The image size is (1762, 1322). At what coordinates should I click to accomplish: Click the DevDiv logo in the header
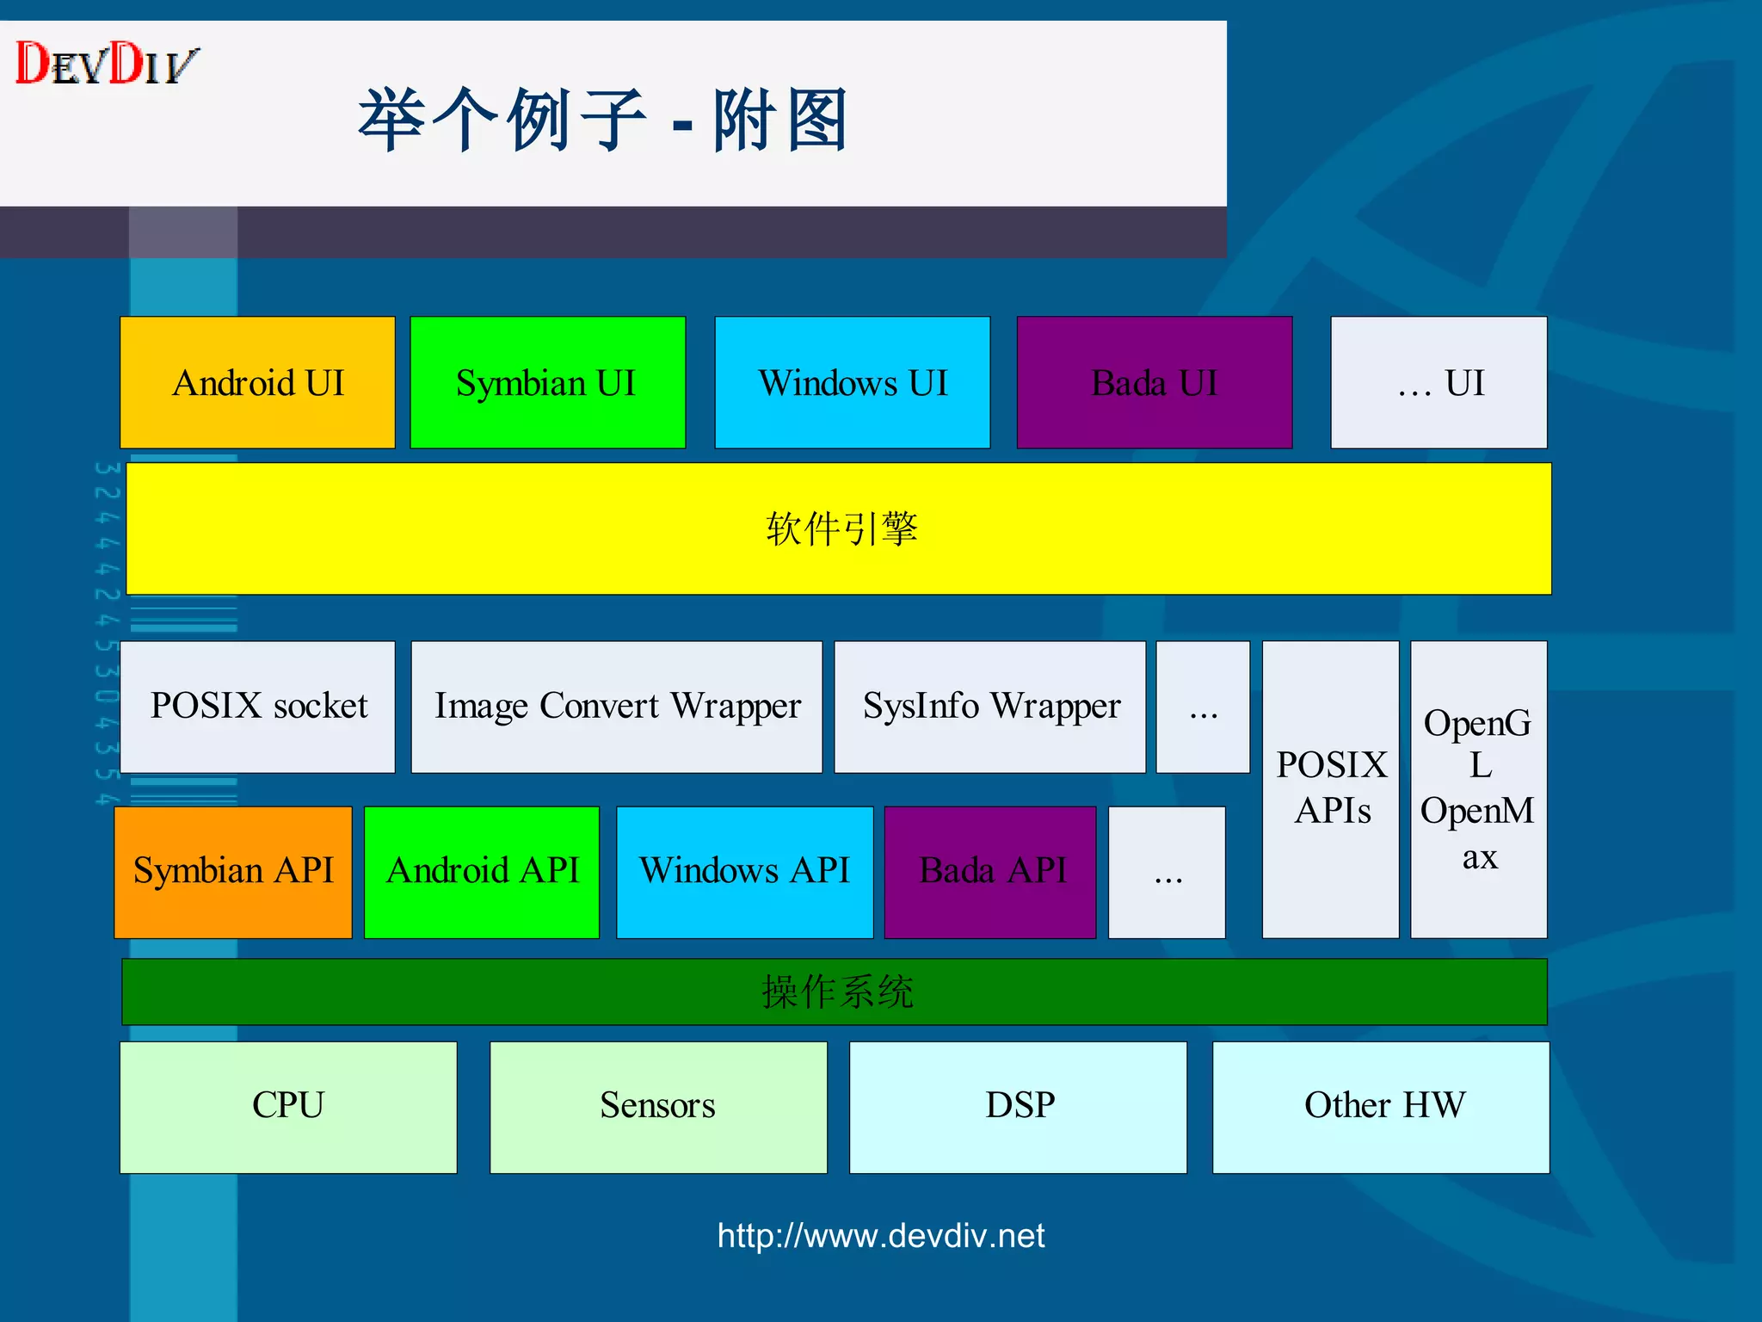[x=107, y=64]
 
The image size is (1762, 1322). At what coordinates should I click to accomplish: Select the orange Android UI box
[x=257, y=382]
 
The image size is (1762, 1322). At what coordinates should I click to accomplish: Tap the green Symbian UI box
[x=547, y=382]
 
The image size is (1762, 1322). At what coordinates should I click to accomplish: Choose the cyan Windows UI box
[x=852, y=382]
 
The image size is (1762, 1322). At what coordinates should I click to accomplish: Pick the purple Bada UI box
[x=1154, y=382]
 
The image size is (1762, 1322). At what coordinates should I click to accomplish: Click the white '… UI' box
[x=1439, y=382]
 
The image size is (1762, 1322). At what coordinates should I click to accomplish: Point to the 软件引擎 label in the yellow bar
[x=841, y=528]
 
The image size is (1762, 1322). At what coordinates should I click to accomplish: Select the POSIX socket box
[x=257, y=707]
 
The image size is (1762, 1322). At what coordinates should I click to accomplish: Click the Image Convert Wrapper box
[x=616, y=707]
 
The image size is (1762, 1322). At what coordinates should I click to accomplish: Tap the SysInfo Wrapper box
[x=989, y=707]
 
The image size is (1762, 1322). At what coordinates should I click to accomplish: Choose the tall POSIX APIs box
[x=1330, y=788]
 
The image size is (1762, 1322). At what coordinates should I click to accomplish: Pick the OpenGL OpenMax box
[x=1478, y=788]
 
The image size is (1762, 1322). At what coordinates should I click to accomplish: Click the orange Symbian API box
[x=233, y=871]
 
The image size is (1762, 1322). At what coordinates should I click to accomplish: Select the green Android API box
[x=482, y=871]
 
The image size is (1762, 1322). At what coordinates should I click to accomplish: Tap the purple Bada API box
[x=990, y=871]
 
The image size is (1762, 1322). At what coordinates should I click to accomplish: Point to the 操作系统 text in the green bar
[x=836, y=991]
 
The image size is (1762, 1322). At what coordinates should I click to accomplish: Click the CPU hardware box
[x=288, y=1107]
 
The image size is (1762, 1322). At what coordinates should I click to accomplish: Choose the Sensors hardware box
[x=658, y=1107]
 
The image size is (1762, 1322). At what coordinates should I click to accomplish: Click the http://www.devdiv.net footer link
[x=880, y=1236]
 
